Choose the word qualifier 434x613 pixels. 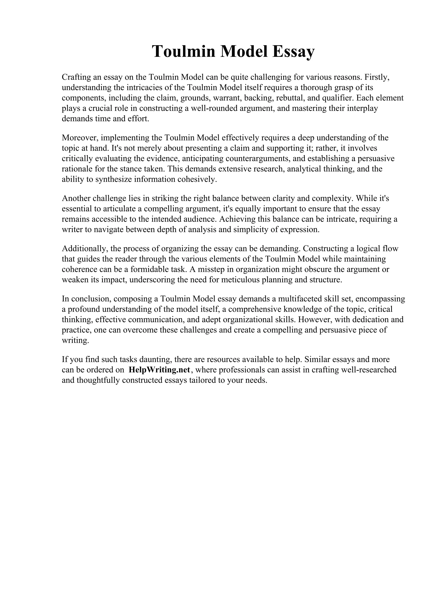pos(338,98)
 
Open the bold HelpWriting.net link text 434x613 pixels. pos(159,370)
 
